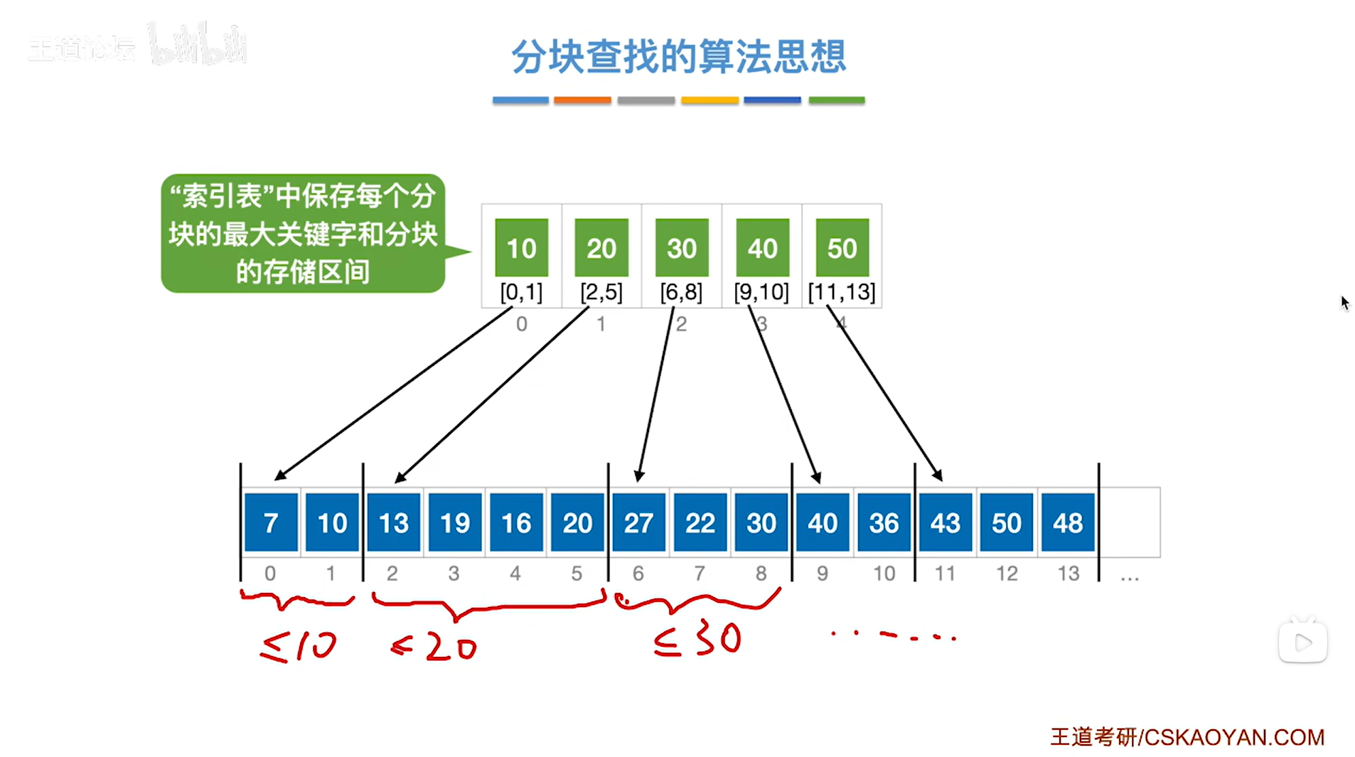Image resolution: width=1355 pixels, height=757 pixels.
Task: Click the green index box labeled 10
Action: click(521, 247)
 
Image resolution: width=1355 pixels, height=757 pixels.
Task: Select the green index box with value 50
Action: click(842, 247)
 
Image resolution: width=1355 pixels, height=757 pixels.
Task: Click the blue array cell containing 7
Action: click(271, 522)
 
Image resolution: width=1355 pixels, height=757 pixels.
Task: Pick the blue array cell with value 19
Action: click(455, 522)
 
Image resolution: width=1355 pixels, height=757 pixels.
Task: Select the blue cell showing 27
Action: click(638, 522)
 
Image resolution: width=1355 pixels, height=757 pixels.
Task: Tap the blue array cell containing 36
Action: click(884, 522)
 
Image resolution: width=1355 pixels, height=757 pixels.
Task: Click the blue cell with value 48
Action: click(1068, 522)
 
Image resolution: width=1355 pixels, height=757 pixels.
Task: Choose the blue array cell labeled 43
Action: click(945, 522)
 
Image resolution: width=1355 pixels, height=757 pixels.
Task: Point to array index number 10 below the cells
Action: click(884, 573)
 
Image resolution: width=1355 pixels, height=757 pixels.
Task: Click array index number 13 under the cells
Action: click(1068, 573)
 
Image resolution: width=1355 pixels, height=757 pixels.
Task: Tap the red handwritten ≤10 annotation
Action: click(299, 645)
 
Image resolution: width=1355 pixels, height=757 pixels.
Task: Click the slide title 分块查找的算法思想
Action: click(678, 57)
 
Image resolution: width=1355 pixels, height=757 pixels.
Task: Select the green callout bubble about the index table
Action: click(304, 233)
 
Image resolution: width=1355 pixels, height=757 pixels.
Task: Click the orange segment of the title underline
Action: click(582, 100)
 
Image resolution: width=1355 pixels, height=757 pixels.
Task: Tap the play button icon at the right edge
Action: click(1302, 643)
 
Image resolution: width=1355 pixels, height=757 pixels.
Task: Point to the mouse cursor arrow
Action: click(1344, 303)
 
